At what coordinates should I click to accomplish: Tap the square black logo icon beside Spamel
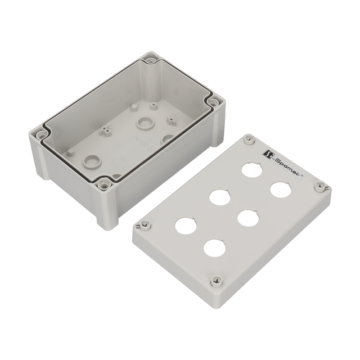click(x=267, y=154)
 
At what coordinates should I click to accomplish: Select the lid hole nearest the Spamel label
click(x=252, y=170)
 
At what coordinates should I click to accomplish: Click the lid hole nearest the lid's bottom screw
click(x=215, y=248)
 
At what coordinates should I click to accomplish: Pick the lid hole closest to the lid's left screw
click(x=186, y=226)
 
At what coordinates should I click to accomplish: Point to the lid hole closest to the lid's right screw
click(x=281, y=190)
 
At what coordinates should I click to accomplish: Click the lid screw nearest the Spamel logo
click(x=249, y=139)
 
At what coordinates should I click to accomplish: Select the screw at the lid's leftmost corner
click(x=145, y=224)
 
